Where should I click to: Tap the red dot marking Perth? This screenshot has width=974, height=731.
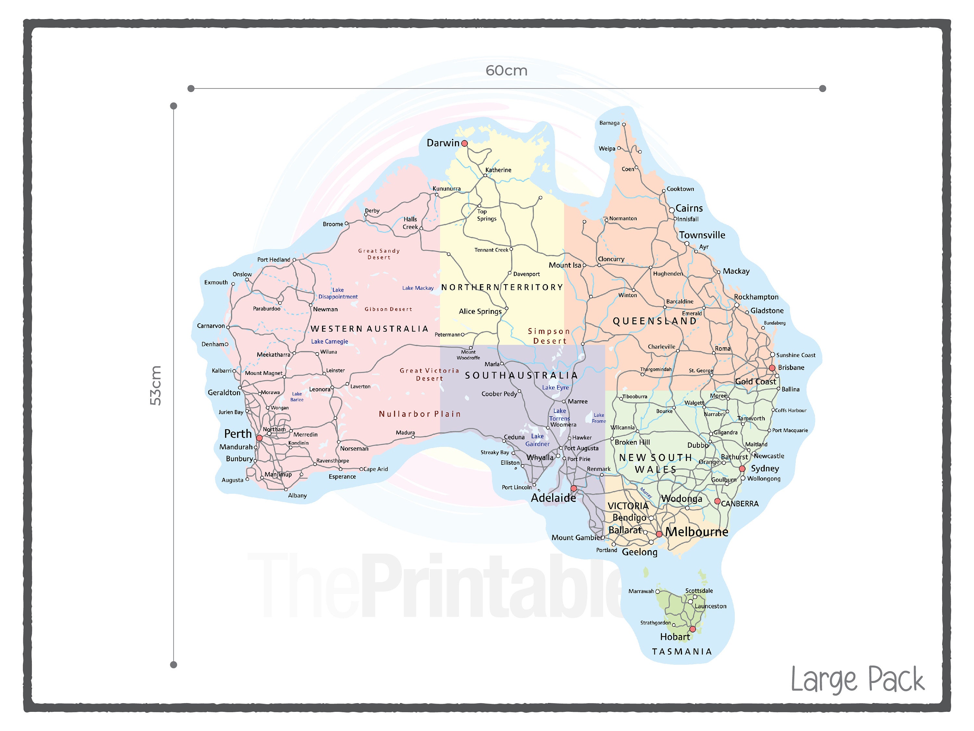[x=259, y=438]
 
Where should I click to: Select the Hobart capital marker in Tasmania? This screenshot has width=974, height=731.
[x=692, y=629]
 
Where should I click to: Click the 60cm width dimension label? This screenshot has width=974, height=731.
[x=506, y=71]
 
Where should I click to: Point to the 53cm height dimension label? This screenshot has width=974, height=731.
[x=156, y=386]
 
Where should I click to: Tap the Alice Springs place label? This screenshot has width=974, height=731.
[x=480, y=312]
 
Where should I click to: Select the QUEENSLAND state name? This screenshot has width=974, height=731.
[x=655, y=321]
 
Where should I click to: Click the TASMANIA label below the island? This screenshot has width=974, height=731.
[x=681, y=652]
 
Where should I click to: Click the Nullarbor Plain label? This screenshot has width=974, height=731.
[x=419, y=414]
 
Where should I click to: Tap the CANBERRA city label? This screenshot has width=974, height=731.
[x=740, y=504]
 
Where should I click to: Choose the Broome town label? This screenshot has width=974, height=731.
[x=332, y=224]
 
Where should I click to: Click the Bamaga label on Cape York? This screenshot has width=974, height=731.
[x=609, y=123]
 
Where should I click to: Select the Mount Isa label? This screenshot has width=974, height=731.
[x=565, y=265]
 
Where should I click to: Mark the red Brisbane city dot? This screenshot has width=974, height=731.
[x=772, y=368]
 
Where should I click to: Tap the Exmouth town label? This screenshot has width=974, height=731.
[x=216, y=282]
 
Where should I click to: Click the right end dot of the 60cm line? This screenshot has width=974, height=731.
[x=822, y=89]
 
